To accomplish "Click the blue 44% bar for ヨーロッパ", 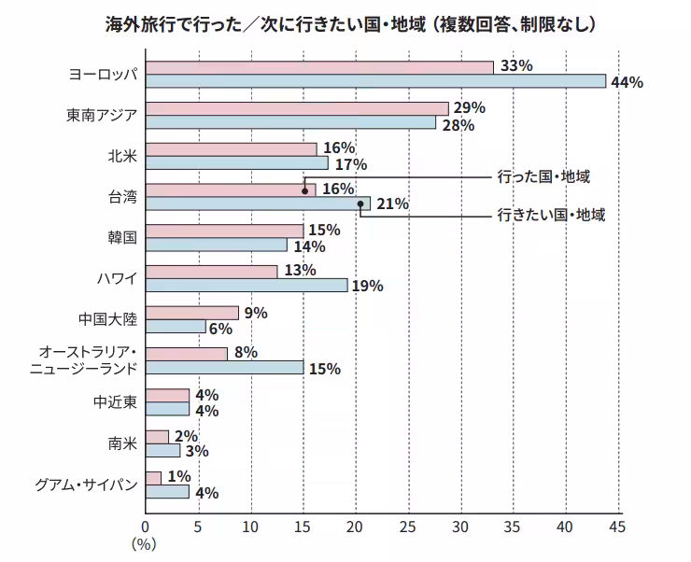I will coord(375,81).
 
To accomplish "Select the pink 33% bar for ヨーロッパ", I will coord(319,67).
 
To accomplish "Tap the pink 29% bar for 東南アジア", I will coord(297,108).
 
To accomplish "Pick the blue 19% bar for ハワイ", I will coord(247,285).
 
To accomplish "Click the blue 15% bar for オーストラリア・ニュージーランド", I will coord(224,367).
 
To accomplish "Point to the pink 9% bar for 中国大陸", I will coord(192,313).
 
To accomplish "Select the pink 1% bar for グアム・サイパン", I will coord(153,477).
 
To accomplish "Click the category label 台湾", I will coord(122,196).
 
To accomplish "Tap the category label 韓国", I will coord(122,237).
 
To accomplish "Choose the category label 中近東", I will coord(116,401).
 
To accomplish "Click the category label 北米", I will coord(122,155).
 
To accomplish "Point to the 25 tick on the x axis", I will coord(407,527).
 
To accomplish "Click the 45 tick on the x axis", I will coord(616,527).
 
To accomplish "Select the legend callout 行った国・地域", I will coord(544,175).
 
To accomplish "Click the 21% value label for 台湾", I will coord(391,204).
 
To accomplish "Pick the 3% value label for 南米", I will coord(195,451).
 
